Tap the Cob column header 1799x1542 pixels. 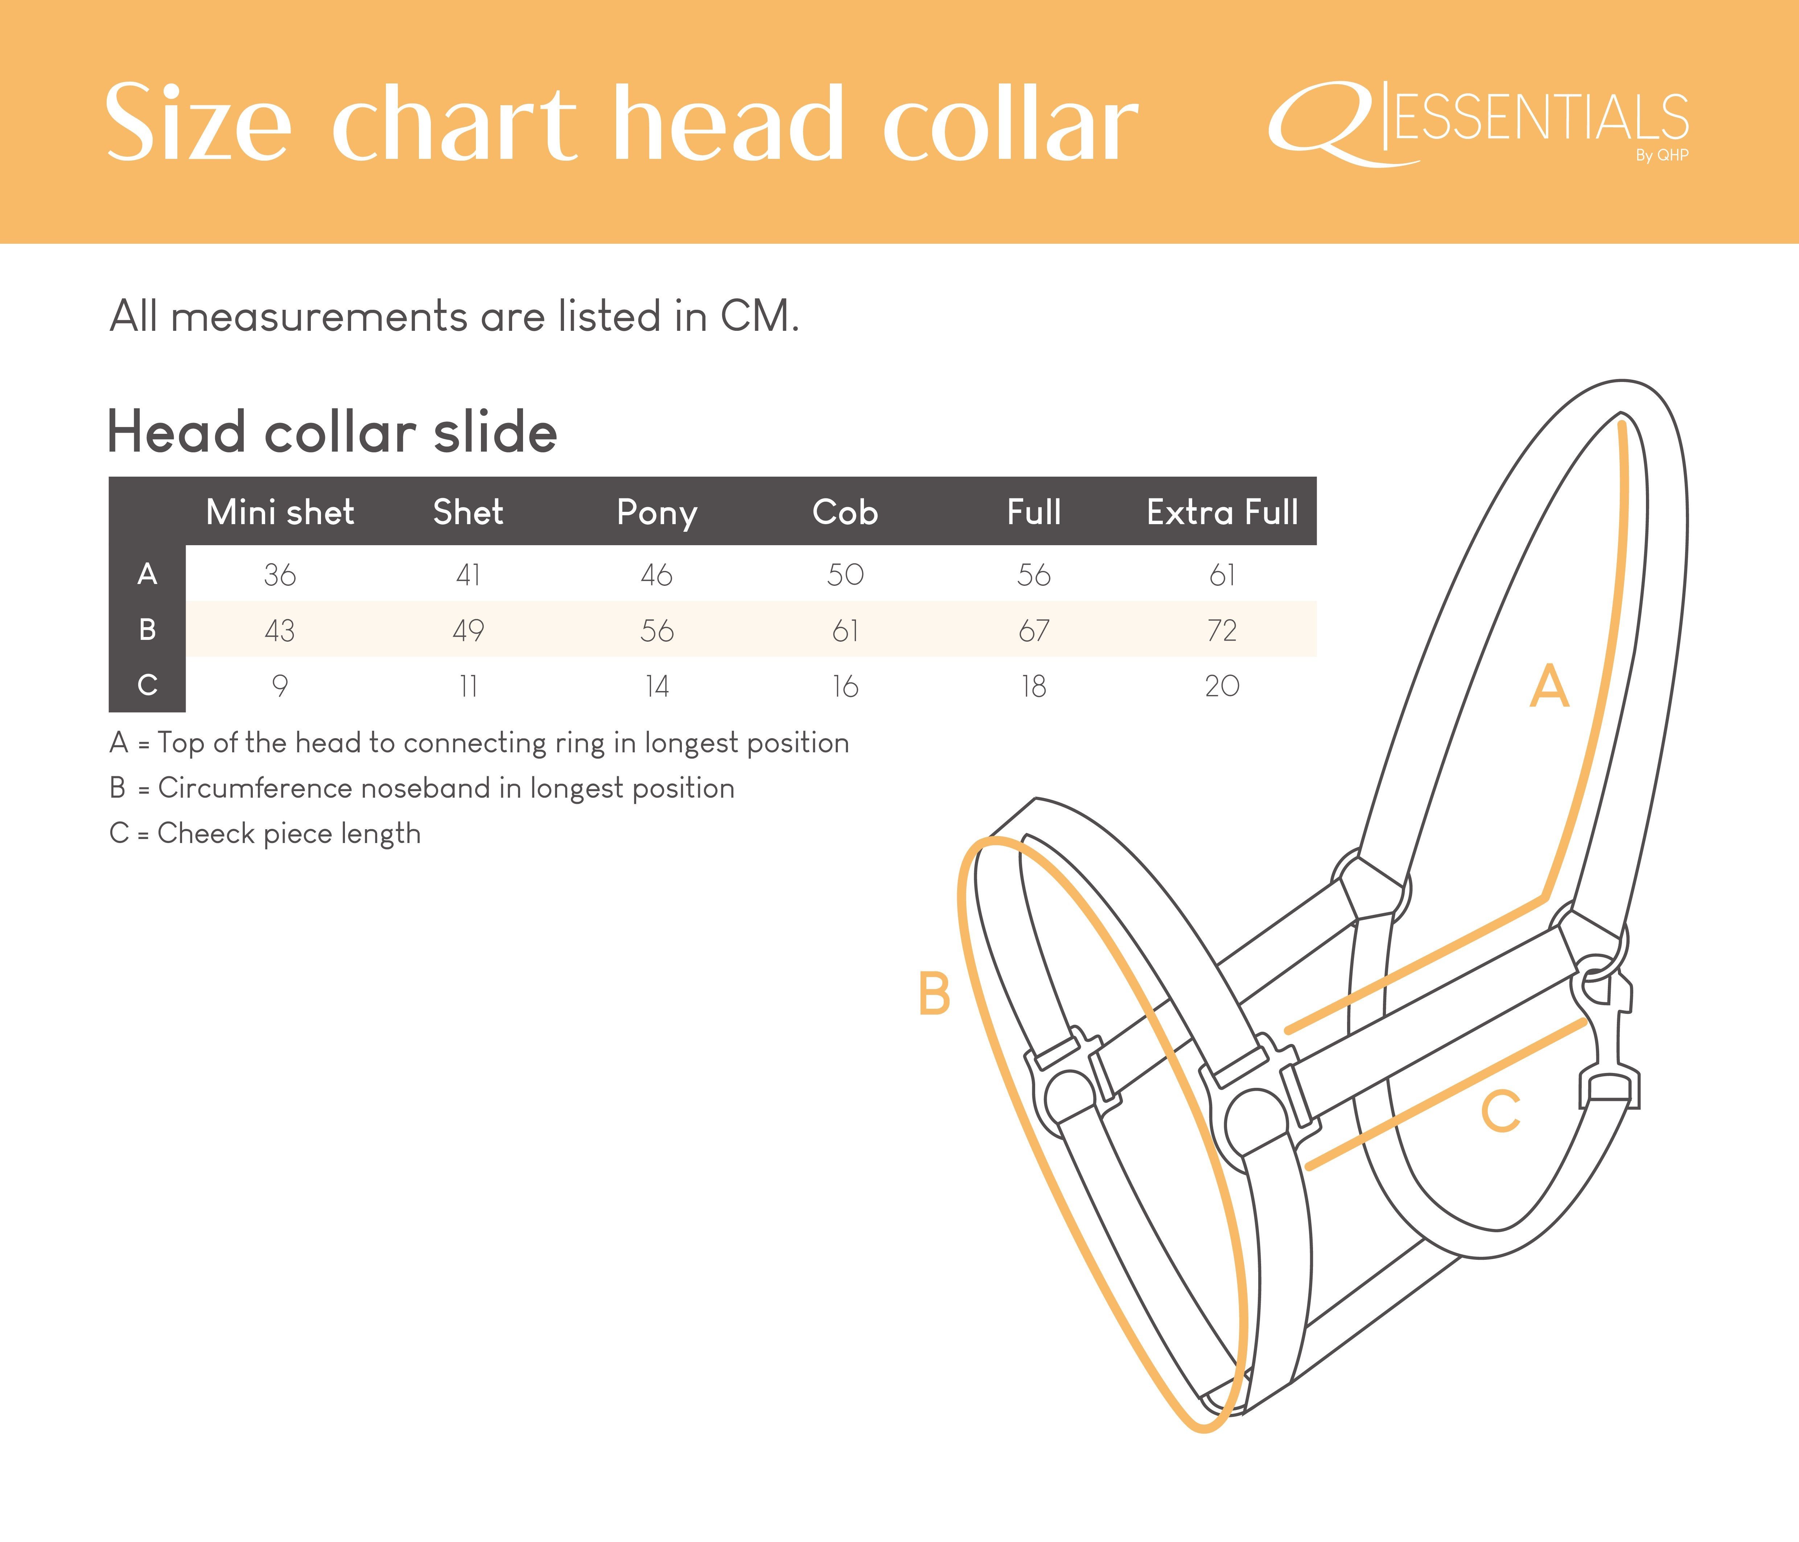(x=845, y=512)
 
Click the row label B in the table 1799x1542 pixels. (x=148, y=629)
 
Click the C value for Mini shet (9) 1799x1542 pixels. (x=280, y=686)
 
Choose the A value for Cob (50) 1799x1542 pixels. (x=845, y=575)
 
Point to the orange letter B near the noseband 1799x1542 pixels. (x=934, y=994)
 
